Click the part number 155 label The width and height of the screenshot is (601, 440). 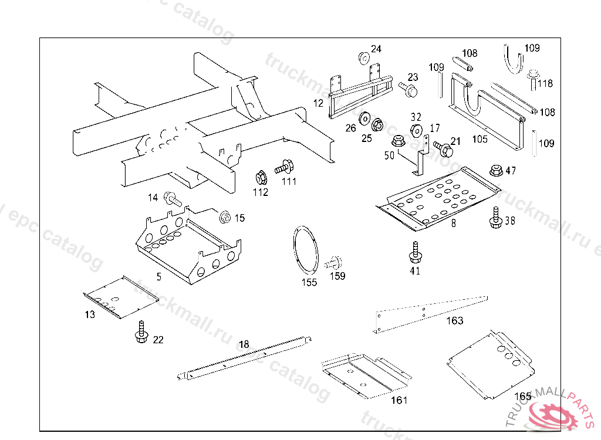(x=309, y=282)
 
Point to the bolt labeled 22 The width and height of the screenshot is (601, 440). (x=141, y=332)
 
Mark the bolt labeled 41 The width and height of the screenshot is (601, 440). (x=415, y=252)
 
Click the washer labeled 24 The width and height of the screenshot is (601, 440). (x=364, y=57)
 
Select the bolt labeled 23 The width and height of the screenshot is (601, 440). (x=408, y=89)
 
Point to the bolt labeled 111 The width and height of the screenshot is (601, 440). (x=284, y=166)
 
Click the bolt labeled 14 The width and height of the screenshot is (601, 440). (x=171, y=199)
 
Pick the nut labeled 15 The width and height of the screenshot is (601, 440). (x=225, y=218)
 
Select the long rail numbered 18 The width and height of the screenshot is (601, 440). (x=247, y=356)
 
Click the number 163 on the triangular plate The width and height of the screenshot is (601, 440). (x=455, y=320)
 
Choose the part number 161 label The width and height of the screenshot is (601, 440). (x=399, y=400)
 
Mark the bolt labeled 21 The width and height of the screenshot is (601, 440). (x=442, y=148)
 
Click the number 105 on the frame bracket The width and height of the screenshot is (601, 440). (x=480, y=139)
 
